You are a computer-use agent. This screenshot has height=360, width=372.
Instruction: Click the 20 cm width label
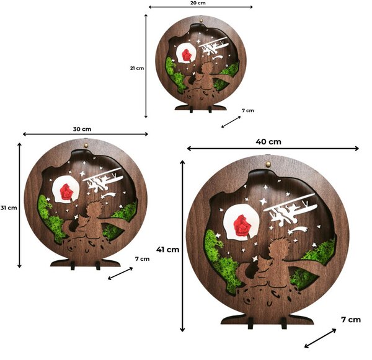pyautogui.click(x=198, y=3)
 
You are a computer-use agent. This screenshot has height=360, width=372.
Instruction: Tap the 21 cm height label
pyautogui.click(x=137, y=68)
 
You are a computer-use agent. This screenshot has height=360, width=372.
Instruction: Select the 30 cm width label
pyautogui.click(x=82, y=130)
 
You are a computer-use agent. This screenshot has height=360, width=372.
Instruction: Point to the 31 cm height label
pyautogui.click(x=9, y=208)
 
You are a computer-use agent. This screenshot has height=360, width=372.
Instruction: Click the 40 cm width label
pyautogui.click(x=268, y=142)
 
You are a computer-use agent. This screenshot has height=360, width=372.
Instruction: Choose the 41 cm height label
pyautogui.click(x=168, y=250)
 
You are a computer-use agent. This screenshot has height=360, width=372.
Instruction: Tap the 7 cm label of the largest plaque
pyautogui.click(x=351, y=320)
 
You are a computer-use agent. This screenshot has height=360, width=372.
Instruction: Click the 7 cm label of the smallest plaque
pyautogui.click(x=247, y=110)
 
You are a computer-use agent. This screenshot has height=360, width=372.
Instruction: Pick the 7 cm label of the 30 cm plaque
pyautogui.click(x=143, y=259)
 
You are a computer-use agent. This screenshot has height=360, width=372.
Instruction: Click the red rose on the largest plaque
pyautogui.click(x=242, y=226)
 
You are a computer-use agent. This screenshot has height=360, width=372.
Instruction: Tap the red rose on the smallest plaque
pyautogui.click(x=187, y=55)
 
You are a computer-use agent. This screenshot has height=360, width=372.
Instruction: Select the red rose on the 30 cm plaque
pyautogui.click(x=66, y=191)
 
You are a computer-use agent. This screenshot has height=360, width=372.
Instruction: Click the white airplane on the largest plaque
pyautogui.click(x=291, y=208)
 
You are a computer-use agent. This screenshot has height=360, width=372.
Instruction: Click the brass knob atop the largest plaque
pyautogui.click(x=268, y=164)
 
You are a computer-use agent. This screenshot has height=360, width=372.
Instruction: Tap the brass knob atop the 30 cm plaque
pyautogui.click(x=86, y=145)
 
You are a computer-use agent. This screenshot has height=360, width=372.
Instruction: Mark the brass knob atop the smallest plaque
pyautogui.click(x=201, y=20)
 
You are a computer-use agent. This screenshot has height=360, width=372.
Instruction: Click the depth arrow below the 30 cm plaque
pyautogui.click(x=120, y=273)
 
